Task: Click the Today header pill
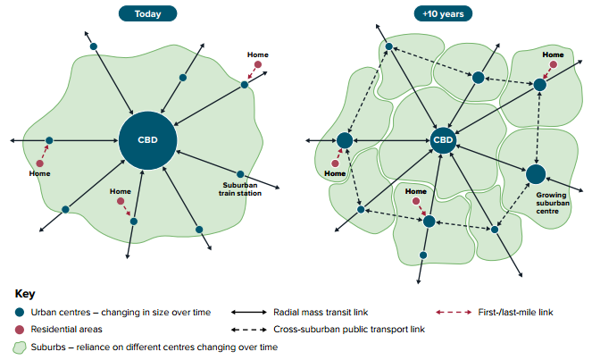tap(147, 13)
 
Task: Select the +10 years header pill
tap(445, 13)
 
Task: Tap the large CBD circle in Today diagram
tap(147, 140)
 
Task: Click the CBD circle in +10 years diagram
tap(444, 140)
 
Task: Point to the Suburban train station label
tap(240, 190)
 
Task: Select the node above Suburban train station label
tap(240, 173)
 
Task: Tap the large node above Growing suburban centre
tap(536, 172)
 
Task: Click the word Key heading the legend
tap(24, 293)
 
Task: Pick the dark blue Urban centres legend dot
tap(20, 313)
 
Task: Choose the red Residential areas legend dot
tap(20, 330)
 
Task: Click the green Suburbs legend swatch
tap(20, 347)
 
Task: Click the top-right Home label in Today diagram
tap(258, 55)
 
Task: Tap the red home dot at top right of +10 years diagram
tap(554, 64)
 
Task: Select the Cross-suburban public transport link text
tap(348, 330)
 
